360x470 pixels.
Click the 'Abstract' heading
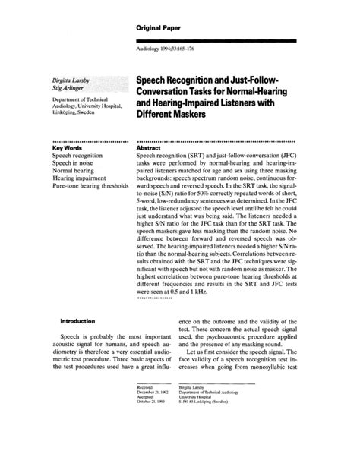pos(150,149)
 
